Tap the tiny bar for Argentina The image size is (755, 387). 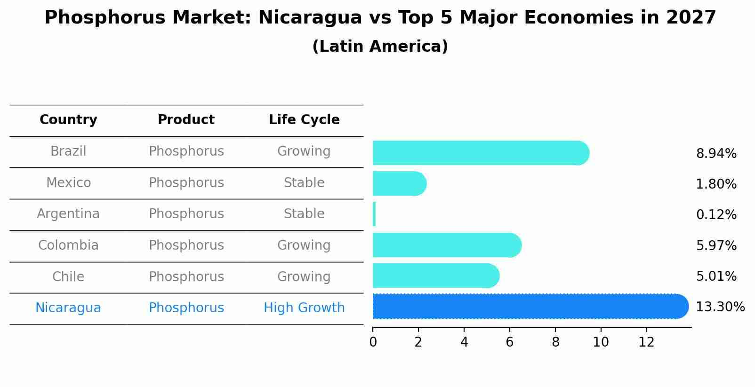pyautogui.click(x=374, y=214)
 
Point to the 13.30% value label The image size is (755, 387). pyautogui.click(x=720, y=307)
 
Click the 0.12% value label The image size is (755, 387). pyautogui.click(x=716, y=215)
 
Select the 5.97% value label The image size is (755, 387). pyautogui.click(x=716, y=245)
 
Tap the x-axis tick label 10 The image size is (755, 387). pyautogui.click(x=601, y=342)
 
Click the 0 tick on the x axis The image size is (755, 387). pyautogui.click(x=373, y=342)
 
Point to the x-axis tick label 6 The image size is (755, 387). pyautogui.click(x=509, y=342)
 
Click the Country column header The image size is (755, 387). pyautogui.click(x=68, y=120)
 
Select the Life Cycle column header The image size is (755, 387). pyautogui.click(x=304, y=120)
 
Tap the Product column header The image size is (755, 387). pyautogui.click(x=186, y=120)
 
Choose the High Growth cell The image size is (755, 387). pyautogui.click(x=304, y=308)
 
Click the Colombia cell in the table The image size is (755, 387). pyautogui.click(x=68, y=245)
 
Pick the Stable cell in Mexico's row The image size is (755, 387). pyautogui.click(x=304, y=183)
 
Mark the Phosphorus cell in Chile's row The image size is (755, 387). pyautogui.click(x=186, y=277)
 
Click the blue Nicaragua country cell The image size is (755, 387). pyautogui.click(x=68, y=308)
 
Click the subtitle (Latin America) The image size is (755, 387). pyautogui.click(x=380, y=47)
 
